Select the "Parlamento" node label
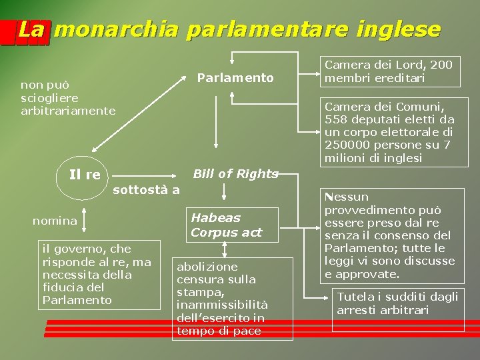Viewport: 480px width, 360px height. tap(235, 78)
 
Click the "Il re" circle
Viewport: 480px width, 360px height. tap(85, 175)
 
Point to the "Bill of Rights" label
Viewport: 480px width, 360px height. tap(235, 174)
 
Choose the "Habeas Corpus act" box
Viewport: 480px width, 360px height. tap(226, 225)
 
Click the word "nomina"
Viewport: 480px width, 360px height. tap(55, 221)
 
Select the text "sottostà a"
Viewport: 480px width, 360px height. tap(147, 190)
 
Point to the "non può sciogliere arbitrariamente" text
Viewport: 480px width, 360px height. tap(67, 97)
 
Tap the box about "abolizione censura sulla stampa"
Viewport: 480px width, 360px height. tap(225, 299)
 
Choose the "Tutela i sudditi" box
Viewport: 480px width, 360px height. tap(398, 309)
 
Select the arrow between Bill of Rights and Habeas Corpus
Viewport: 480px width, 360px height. tap(225, 192)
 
